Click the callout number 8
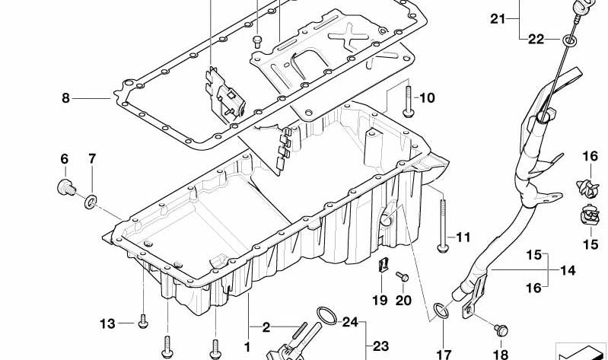(x=66, y=98)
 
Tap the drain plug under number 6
(x=66, y=187)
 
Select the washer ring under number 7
(x=91, y=202)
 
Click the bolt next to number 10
(x=409, y=101)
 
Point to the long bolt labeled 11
(x=443, y=226)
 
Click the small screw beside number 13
(x=143, y=322)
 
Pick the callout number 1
(x=247, y=347)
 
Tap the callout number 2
(x=266, y=328)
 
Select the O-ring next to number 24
(x=327, y=315)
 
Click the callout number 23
(x=380, y=346)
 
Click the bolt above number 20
(x=402, y=276)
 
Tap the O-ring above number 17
(x=441, y=311)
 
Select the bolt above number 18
(x=501, y=330)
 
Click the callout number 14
(x=568, y=270)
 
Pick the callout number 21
(x=498, y=18)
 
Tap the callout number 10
(x=427, y=97)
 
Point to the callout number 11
(x=463, y=237)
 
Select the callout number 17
(x=444, y=354)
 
